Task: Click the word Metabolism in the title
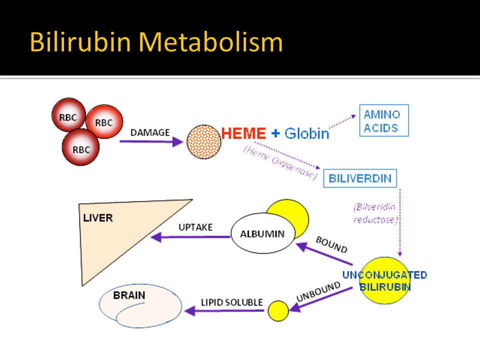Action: (210, 41)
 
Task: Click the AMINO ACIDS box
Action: (384, 120)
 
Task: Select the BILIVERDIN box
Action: (360, 178)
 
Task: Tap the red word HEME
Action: (243, 133)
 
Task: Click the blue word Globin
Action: (306, 133)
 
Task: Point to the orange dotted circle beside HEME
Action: (204, 141)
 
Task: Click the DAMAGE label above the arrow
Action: (150, 132)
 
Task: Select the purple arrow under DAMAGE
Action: (151, 141)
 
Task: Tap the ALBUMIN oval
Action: (262, 233)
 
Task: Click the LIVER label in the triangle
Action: (98, 218)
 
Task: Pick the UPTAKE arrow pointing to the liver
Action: (190, 237)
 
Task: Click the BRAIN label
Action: (129, 295)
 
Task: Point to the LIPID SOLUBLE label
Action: (231, 302)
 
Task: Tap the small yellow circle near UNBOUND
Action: (278, 310)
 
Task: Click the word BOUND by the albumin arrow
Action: (331, 245)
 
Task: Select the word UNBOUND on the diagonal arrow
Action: (318, 291)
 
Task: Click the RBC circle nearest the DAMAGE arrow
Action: (104, 121)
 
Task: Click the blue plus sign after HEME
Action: (275, 133)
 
